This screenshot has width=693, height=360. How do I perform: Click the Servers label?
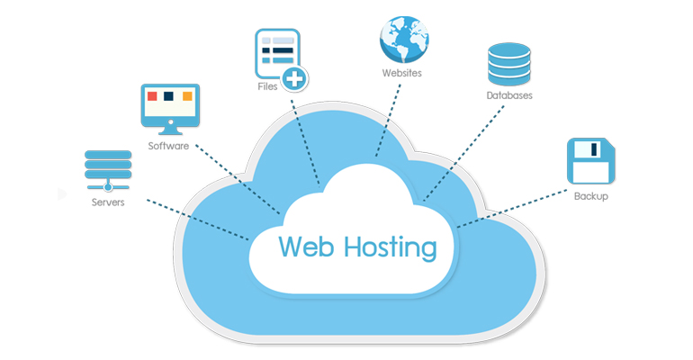[x=108, y=202]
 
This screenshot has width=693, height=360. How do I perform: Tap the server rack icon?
[x=107, y=169]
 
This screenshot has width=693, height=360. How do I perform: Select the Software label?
[x=168, y=145]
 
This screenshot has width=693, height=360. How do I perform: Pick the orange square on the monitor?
[x=187, y=96]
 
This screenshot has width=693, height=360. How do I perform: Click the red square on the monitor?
[x=151, y=96]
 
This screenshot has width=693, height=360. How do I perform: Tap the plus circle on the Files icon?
[x=293, y=79]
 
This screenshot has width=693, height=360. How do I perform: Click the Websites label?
[x=401, y=72]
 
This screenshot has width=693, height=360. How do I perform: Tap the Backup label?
[x=591, y=195]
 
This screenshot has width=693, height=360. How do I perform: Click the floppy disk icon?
[x=590, y=162]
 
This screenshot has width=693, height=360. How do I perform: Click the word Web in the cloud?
[x=310, y=246]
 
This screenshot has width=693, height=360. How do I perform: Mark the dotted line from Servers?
[x=193, y=219]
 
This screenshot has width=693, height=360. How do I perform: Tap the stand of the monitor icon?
[x=168, y=127]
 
